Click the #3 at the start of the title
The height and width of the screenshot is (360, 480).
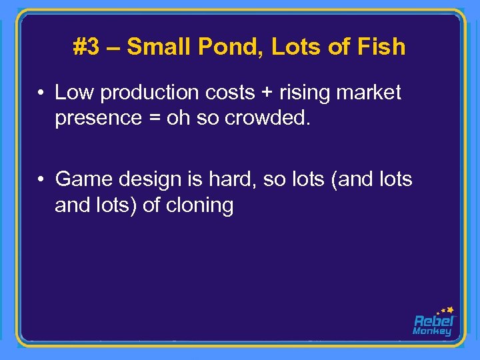point(85,47)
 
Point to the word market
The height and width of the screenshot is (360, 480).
point(369,93)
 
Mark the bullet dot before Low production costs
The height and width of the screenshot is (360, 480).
point(41,93)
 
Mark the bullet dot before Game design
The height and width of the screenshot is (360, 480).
point(41,179)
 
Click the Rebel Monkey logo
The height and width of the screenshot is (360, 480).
point(433,321)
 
